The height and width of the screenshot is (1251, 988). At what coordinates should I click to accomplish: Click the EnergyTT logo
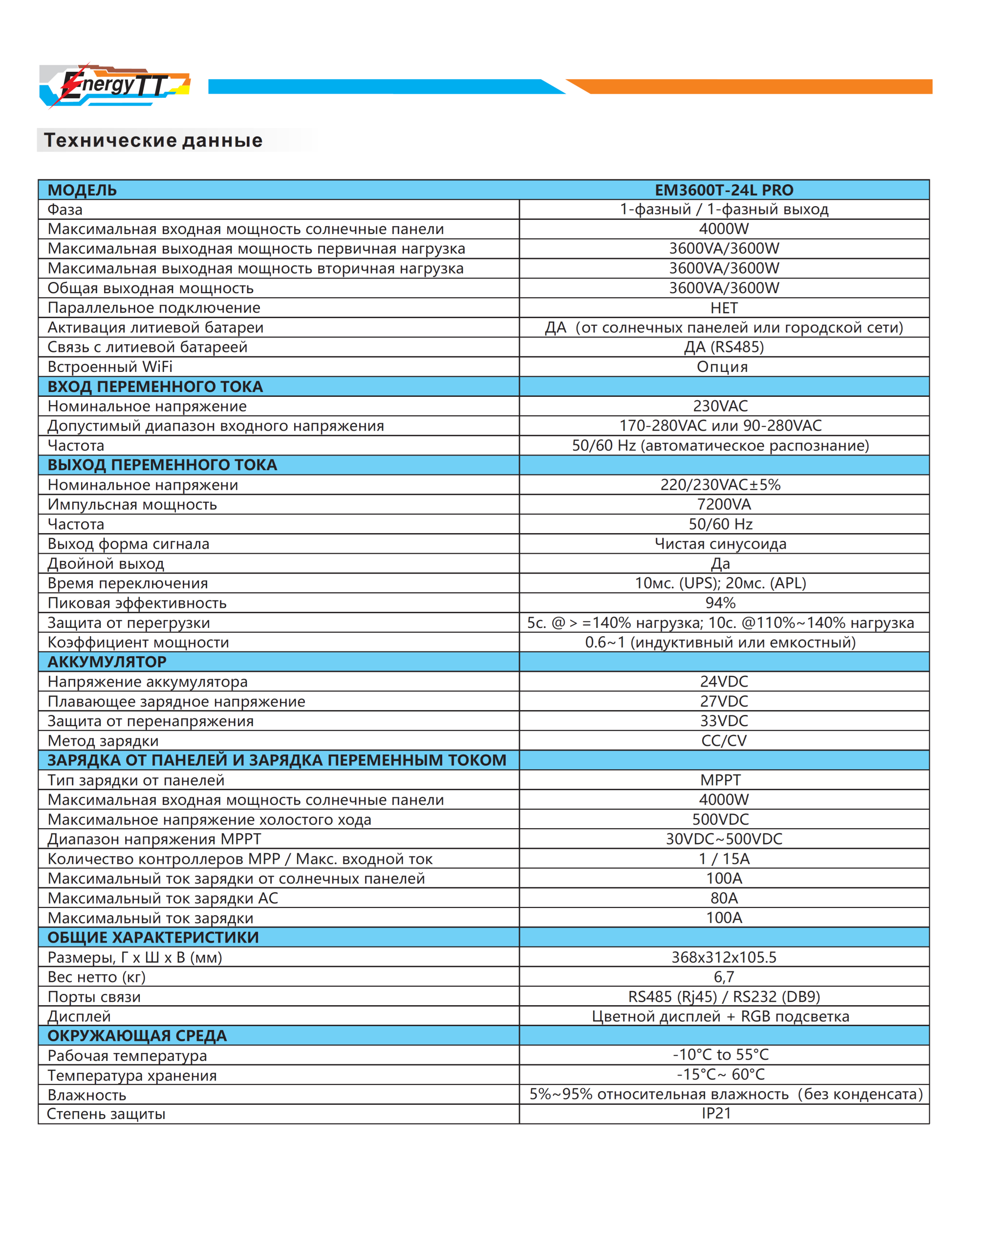114,86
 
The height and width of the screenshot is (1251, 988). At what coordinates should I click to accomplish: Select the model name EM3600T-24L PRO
724,190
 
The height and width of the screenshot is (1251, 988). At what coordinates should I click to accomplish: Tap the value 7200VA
724,504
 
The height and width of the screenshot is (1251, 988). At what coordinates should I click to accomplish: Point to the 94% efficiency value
720,603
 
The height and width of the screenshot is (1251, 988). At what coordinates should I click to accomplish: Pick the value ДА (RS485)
724,347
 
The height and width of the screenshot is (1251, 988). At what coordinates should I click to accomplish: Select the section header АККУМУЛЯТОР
107,662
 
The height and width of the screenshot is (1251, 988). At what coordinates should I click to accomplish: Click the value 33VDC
724,721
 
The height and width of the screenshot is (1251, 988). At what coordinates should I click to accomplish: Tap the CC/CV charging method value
724,740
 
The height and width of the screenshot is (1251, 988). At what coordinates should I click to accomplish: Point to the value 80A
724,898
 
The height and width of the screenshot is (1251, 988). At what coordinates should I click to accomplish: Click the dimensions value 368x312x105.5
724,957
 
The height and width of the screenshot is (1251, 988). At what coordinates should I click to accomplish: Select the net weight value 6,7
724,977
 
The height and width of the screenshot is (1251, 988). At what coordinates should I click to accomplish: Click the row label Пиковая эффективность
137,603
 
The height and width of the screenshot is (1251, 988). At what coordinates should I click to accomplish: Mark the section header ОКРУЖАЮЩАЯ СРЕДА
137,1036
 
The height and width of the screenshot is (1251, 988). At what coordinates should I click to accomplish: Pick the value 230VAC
720,406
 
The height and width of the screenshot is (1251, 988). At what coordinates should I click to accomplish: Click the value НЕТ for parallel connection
724,308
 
